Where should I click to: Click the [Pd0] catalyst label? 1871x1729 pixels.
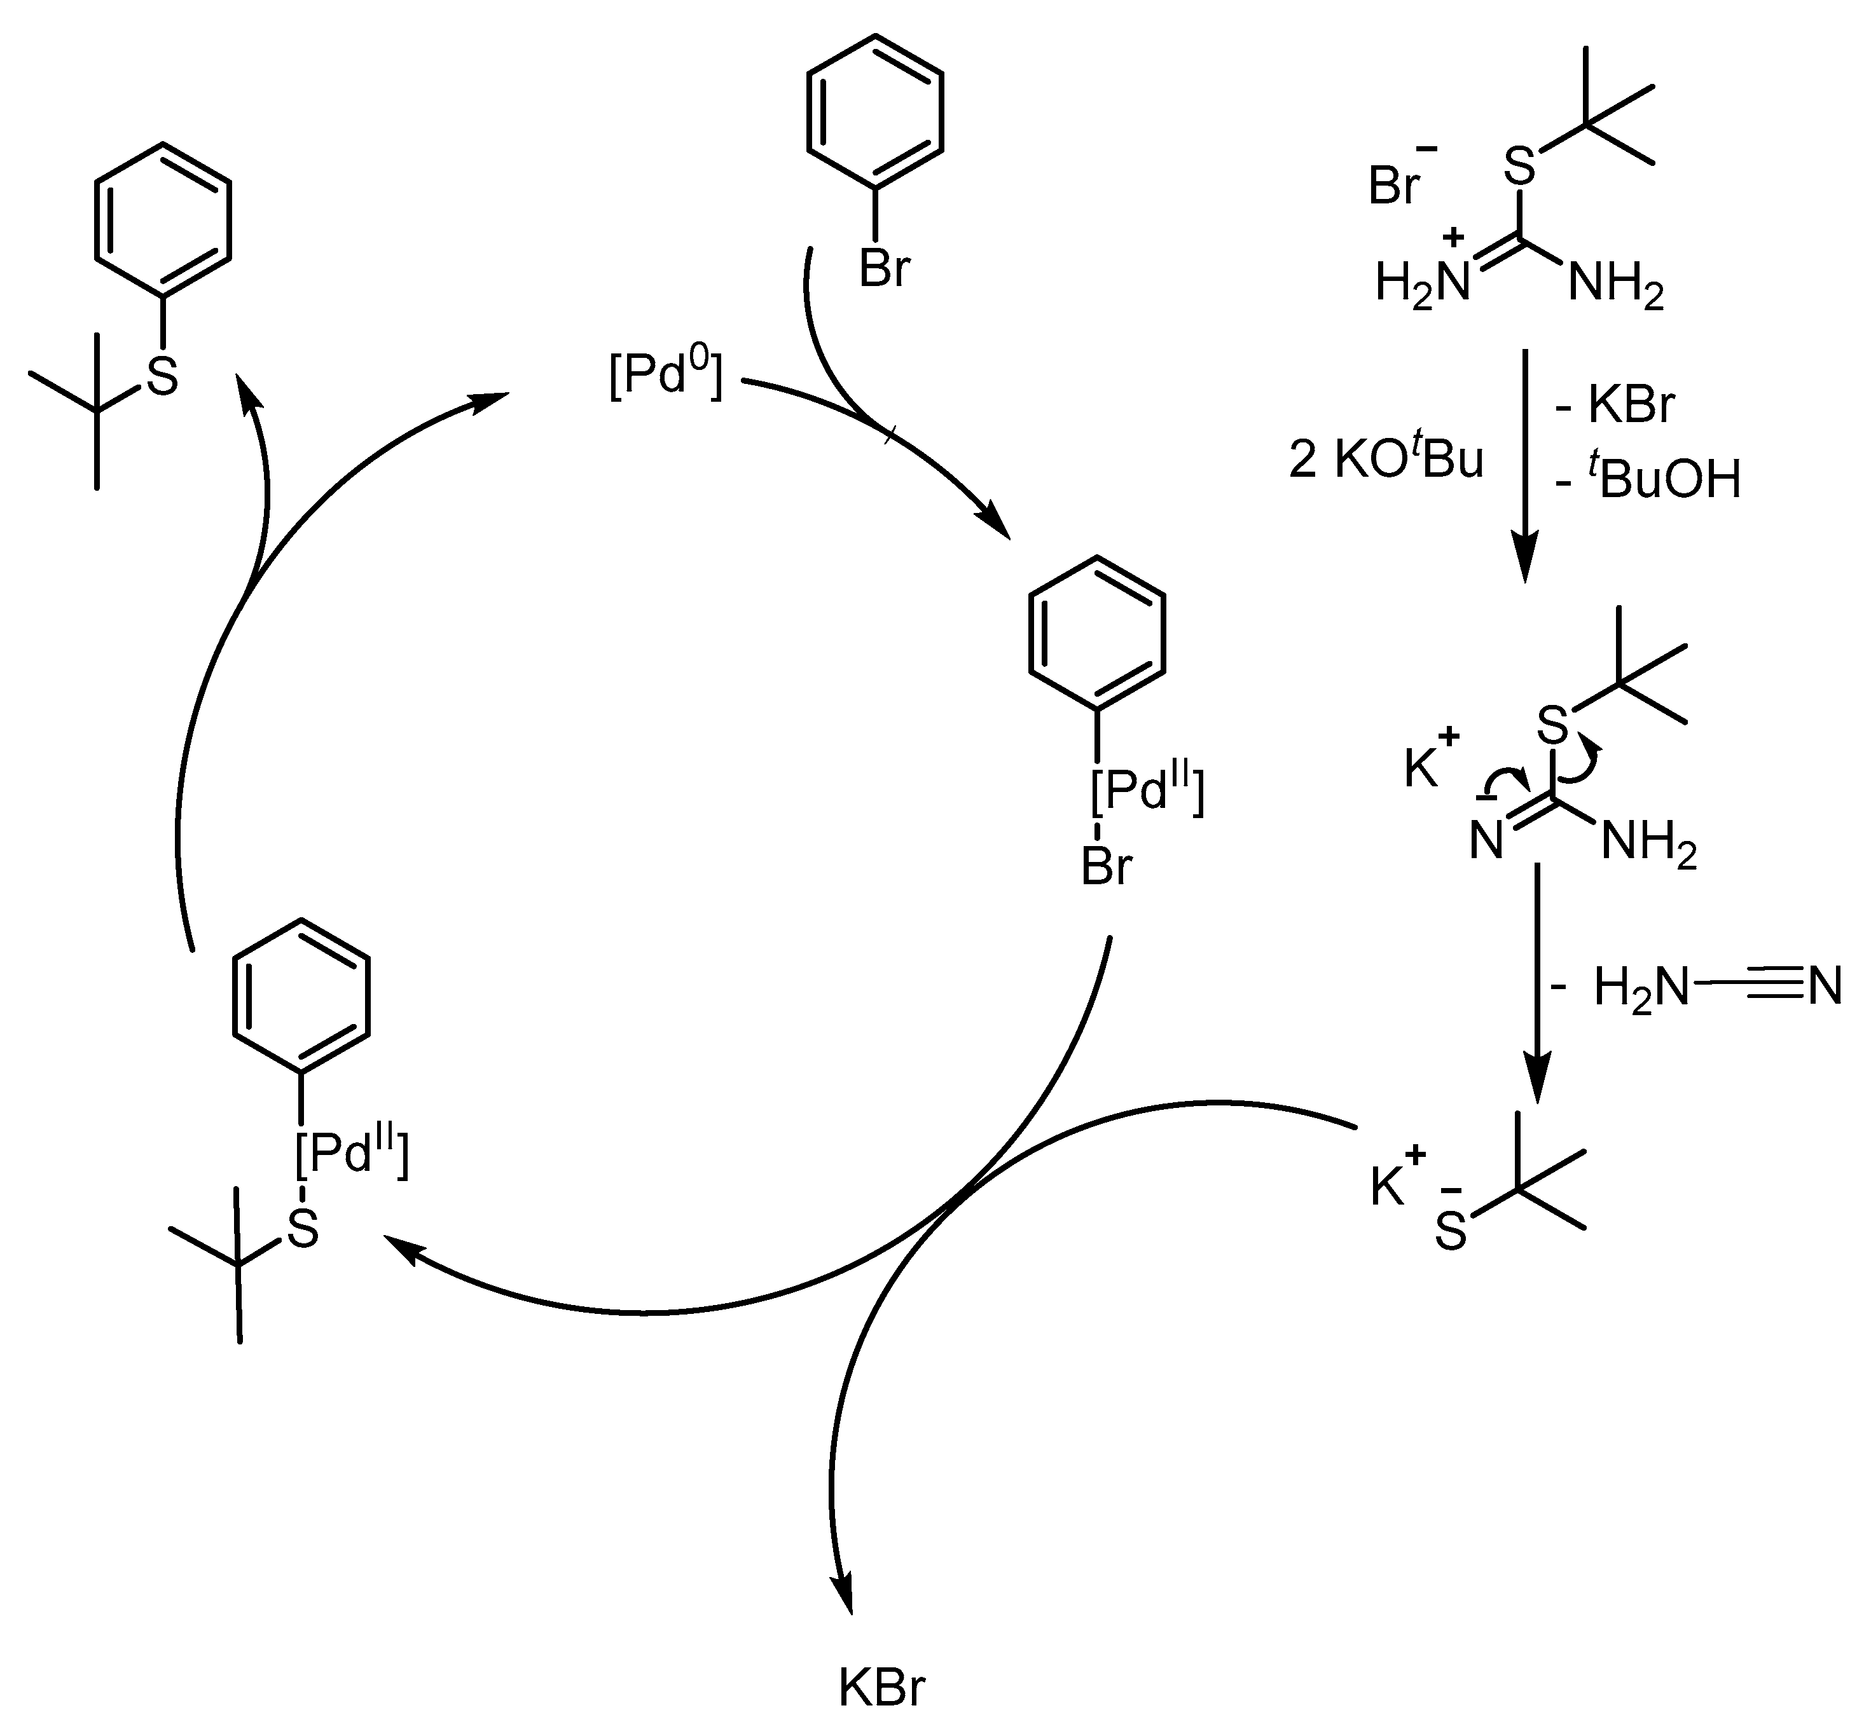665,377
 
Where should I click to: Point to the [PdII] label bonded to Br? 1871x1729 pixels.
1147,791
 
